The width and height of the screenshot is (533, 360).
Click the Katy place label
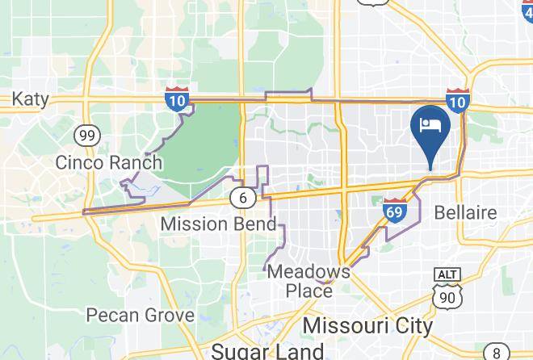[30, 98]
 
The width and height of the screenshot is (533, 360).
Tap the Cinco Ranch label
[108, 162]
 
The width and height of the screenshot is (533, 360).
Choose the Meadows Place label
[309, 281]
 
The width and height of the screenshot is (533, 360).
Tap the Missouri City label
[367, 325]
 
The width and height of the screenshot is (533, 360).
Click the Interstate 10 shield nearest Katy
[178, 98]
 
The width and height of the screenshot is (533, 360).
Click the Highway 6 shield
[242, 197]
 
